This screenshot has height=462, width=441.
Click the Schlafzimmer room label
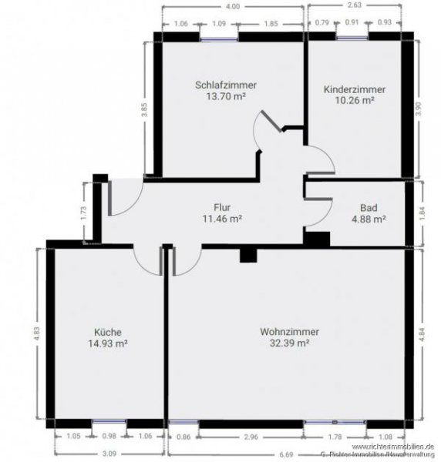click(x=226, y=85)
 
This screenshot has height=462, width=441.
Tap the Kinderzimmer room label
click(x=355, y=89)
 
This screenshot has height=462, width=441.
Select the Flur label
click(x=222, y=206)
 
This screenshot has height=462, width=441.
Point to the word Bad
click(x=369, y=207)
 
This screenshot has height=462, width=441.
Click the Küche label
click(x=107, y=332)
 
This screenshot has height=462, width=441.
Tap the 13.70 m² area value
click(x=226, y=97)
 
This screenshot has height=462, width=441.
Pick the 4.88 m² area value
click(x=369, y=219)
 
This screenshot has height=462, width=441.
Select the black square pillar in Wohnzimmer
click(x=247, y=256)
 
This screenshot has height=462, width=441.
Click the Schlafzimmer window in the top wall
click(x=218, y=36)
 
